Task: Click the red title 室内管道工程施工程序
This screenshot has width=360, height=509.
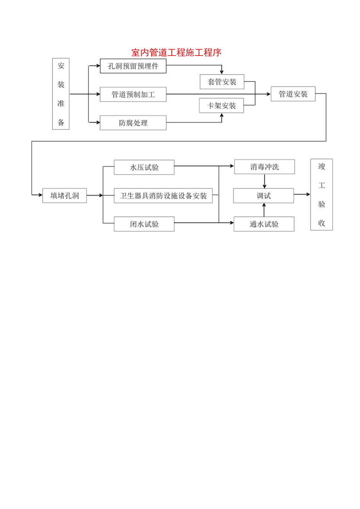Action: [176, 53]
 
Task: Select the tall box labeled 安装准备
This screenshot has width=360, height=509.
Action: [61, 94]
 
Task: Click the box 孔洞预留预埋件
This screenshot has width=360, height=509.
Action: [133, 66]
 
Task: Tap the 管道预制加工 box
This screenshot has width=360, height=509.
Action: [133, 94]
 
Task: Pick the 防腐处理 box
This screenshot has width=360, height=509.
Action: [133, 123]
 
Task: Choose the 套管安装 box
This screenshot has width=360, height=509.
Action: [222, 82]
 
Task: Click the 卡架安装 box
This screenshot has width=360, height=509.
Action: [222, 106]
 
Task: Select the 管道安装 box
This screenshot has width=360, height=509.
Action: [293, 94]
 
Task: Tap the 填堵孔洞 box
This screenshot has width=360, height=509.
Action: [65, 196]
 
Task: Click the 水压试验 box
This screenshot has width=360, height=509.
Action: [144, 167]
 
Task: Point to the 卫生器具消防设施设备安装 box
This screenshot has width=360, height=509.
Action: [163, 196]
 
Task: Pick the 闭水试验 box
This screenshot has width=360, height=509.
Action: [144, 224]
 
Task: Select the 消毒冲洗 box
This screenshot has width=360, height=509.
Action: [265, 167]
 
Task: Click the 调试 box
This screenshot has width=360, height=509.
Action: [263, 196]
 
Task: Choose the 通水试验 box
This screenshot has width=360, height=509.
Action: [264, 224]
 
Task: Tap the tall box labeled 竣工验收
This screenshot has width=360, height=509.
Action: [321, 194]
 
